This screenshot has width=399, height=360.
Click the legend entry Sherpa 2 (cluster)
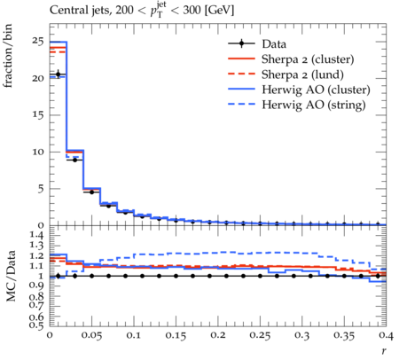click(x=308, y=59)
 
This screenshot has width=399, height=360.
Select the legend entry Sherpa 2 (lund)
click(x=302, y=74)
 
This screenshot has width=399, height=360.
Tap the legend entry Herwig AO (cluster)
click(x=316, y=90)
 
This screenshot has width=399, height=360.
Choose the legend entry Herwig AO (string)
click(x=314, y=105)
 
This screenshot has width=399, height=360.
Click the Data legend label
click(x=274, y=44)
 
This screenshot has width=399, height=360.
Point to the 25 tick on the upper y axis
click(x=38, y=42)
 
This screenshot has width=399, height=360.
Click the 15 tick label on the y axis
click(x=38, y=114)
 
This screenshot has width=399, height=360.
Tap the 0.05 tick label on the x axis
click(x=91, y=336)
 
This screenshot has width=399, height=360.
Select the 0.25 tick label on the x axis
click(x=260, y=336)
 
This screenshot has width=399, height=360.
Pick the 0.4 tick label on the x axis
click(x=386, y=336)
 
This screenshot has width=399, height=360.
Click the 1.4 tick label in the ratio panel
click(x=37, y=236)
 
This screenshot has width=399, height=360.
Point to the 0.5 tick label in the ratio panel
click(x=37, y=325)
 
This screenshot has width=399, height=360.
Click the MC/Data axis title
click(x=11, y=276)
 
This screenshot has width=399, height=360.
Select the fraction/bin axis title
click(x=8, y=56)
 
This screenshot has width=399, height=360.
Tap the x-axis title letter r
click(x=384, y=351)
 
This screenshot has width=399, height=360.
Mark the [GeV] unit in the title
click(x=219, y=11)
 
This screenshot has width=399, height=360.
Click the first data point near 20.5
click(x=58, y=74)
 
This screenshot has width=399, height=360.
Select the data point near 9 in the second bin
click(x=74, y=160)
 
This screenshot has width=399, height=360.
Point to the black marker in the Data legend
click(x=241, y=43)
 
